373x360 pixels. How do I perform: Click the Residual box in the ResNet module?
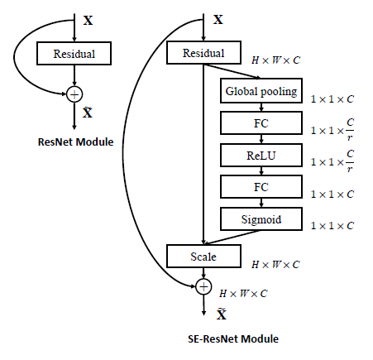pyautogui.click(x=74, y=54)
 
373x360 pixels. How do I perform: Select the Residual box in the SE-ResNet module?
pyautogui.click(x=203, y=53)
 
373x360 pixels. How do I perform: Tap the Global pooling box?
pyautogui.click(x=261, y=91)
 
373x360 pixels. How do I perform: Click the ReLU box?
pyautogui.click(x=261, y=155)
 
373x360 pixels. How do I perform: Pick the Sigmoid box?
pyautogui.click(x=261, y=219)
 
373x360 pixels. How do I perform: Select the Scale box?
pyautogui.click(x=203, y=257)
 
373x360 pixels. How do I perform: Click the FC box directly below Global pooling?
pyautogui.click(x=261, y=123)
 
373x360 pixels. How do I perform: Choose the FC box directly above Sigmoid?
pyautogui.click(x=261, y=187)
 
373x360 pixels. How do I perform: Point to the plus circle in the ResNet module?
pyautogui.click(x=74, y=94)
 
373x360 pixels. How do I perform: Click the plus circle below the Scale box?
pyautogui.click(x=203, y=286)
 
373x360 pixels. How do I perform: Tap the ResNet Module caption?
pyautogui.click(x=75, y=142)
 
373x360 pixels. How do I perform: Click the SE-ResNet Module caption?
pyautogui.click(x=233, y=339)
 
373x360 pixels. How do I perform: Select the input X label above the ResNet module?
pyautogui.click(x=88, y=21)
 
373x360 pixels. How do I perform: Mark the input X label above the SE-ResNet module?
pyautogui.click(x=218, y=20)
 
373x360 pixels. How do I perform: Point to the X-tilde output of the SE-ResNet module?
pyautogui.click(x=222, y=314)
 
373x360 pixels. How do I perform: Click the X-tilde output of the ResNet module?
pyautogui.click(x=88, y=112)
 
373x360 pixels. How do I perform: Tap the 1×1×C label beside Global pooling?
pyautogui.click(x=332, y=99)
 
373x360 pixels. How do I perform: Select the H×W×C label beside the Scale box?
pyautogui.click(x=275, y=265)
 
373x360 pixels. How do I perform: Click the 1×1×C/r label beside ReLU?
pyautogui.click(x=332, y=161)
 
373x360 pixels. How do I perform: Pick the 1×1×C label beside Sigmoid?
pyautogui.click(x=332, y=226)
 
